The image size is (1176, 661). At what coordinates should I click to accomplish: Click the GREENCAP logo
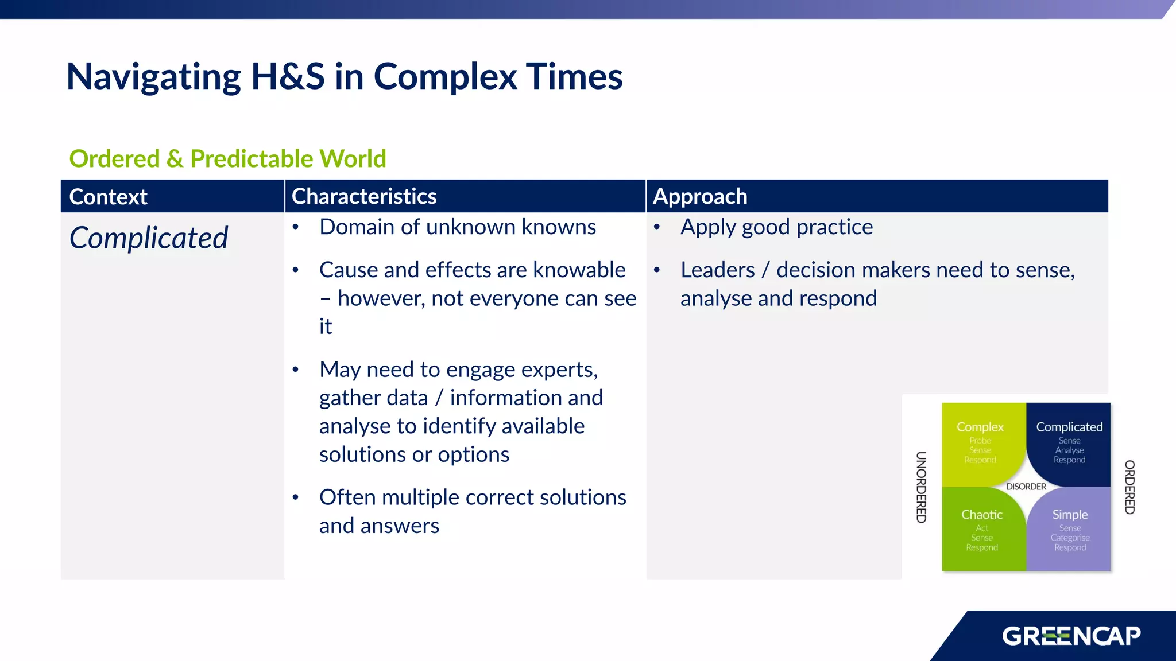1071,636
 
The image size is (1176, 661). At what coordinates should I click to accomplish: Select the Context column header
108,197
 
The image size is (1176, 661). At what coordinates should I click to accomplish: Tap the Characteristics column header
364,196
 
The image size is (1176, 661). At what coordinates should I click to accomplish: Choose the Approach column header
700,196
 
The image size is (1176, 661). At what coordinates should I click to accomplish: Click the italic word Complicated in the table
149,238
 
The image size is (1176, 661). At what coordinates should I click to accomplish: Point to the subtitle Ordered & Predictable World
227,158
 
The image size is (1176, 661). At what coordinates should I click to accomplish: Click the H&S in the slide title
288,76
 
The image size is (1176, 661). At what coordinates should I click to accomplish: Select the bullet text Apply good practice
776,227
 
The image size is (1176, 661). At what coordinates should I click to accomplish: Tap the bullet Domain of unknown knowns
458,227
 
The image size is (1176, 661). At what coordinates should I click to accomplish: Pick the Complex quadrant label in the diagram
980,427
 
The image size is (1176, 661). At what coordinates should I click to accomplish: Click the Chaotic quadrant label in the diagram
982,515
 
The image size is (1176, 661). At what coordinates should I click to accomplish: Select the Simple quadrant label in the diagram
1070,515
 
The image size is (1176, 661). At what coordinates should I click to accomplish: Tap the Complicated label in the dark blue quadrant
1069,427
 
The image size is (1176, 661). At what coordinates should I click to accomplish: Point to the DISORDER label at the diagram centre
1026,487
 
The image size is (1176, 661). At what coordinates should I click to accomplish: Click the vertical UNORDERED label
921,487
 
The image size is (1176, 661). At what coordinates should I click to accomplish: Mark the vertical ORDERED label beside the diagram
1129,487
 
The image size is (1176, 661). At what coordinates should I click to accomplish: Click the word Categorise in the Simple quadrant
1070,538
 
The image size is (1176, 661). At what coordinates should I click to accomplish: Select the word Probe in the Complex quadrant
980,441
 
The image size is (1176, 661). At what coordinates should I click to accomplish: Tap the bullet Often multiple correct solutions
472,497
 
